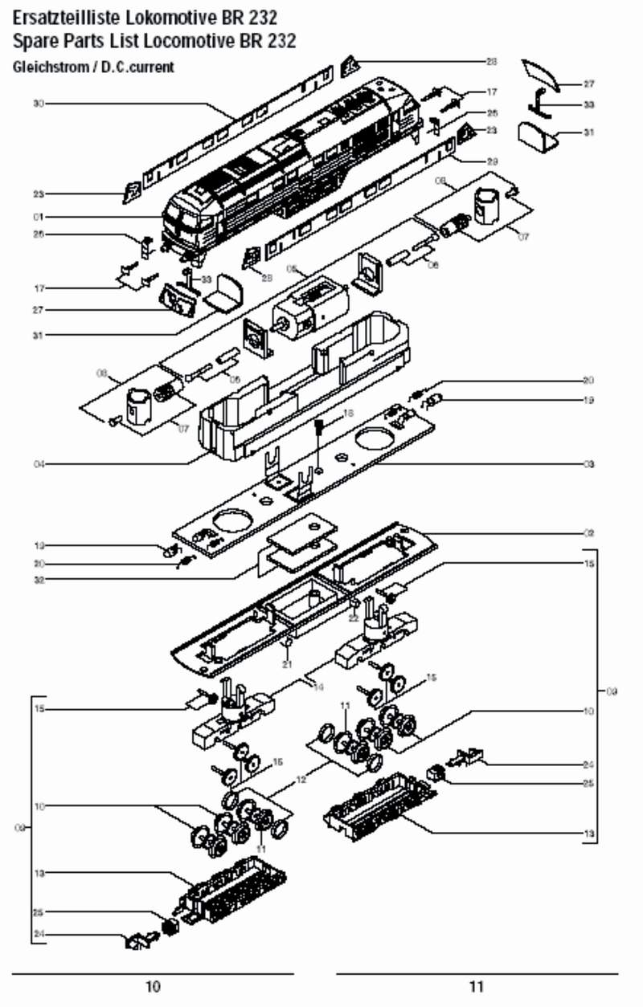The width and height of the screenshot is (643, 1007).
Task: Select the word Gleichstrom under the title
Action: click(47, 67)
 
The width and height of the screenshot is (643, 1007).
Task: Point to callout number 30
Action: click(38, 104)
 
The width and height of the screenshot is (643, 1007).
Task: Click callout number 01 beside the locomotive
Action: click(38, 217)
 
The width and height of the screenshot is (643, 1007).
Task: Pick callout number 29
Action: click(493, 160)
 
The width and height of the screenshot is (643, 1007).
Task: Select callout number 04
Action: click(38, 463)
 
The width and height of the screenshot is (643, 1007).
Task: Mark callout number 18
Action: click(348, 413)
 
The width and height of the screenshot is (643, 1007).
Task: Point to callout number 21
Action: click(287, 664)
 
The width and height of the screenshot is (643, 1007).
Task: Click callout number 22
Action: click(353, 618)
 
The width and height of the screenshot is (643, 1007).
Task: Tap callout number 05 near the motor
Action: click(292, 269)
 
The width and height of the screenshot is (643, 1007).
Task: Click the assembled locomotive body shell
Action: click(289, 161)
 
